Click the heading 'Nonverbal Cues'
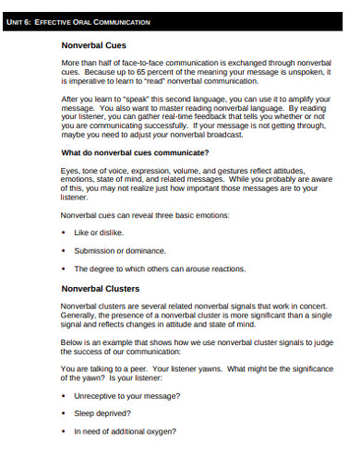click(x=88, y=43)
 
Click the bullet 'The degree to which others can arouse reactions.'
click(x=160, y=269)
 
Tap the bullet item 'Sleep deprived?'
click(x=103, y=413)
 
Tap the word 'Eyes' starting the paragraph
click(x=68, y=170)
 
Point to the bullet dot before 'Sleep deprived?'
click(x=64, y=413)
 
